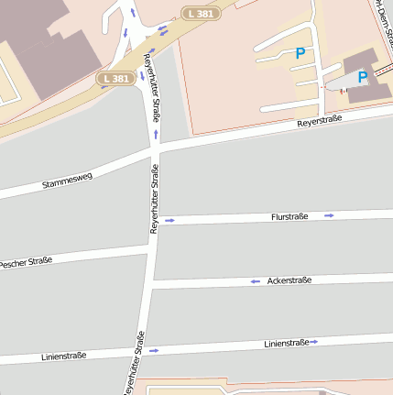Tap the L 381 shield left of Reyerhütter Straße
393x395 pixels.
(x=116, y=79)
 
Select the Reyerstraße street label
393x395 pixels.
(x=319, y=122)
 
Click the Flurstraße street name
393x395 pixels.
(x=290, y=216)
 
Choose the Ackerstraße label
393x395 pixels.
(x=289, y=280)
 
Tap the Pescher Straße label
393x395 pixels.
(x=26, y=262)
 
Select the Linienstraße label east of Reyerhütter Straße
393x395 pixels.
(x=284, y=344)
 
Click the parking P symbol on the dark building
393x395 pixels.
(x=363, y=77)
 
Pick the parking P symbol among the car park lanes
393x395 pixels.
(x=300, y=54)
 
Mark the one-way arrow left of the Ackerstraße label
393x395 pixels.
(x=255, y=281)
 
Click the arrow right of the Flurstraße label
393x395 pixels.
(x=329, y=215)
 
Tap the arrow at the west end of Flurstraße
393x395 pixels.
(x=169, y=221)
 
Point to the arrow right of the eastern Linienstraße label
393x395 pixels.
(x=313, y=342)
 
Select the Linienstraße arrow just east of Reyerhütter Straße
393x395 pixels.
(x=154, y=350)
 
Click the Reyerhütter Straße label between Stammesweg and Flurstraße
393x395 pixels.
(x=155, y=199)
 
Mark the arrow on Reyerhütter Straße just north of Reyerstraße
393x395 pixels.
(x=156, y=134)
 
